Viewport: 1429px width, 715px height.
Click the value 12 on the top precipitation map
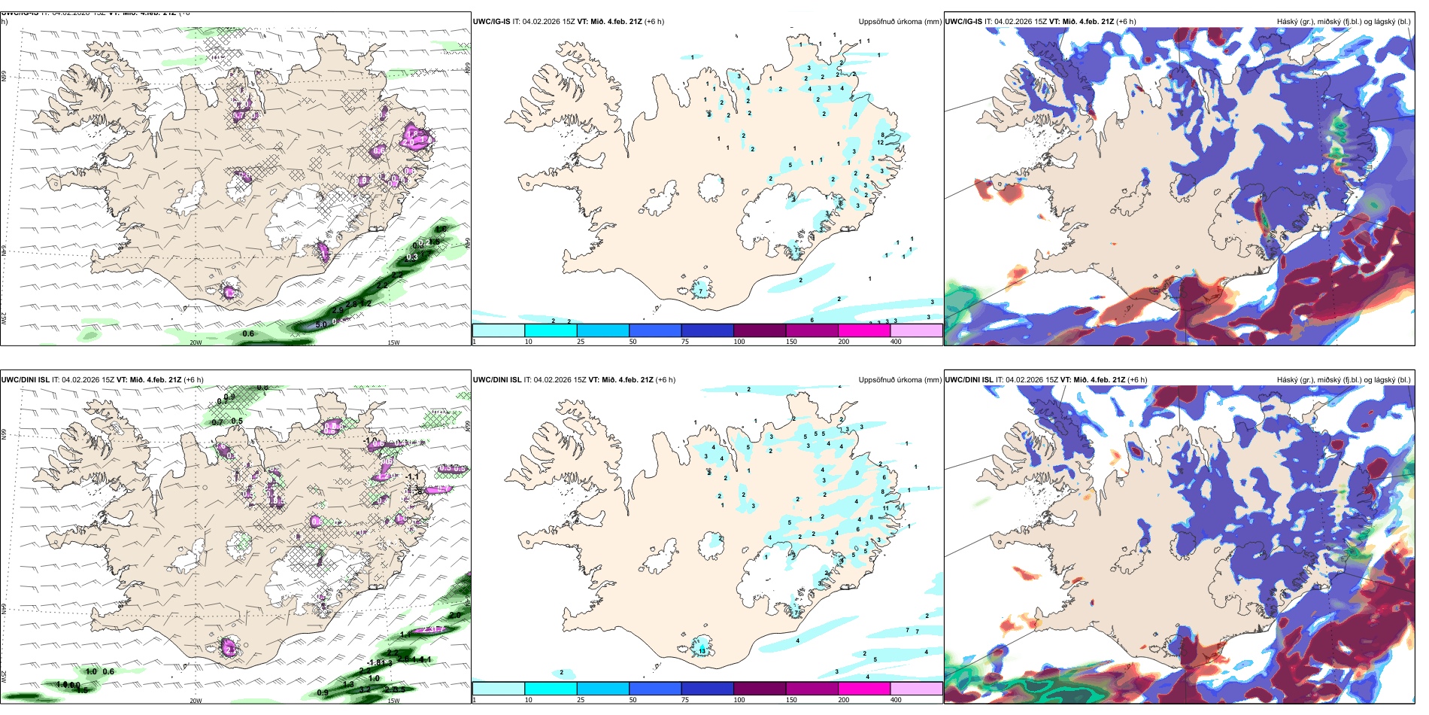[880, 142]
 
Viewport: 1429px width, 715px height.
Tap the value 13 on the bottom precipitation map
[702, 650]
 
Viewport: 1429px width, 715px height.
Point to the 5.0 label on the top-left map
[321, 325]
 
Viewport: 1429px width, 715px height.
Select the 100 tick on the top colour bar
[739, 342]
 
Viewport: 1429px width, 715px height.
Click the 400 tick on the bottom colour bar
[896, 700]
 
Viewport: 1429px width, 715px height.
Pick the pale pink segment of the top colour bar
[916, 330]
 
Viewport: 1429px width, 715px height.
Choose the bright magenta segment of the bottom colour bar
[864, 689]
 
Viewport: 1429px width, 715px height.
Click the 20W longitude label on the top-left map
[196, 342]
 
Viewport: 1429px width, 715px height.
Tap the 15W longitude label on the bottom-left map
[393, 701]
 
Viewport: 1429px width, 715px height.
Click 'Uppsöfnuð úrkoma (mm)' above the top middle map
[900, 22]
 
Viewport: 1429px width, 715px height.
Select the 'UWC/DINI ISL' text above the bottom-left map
[25, 380]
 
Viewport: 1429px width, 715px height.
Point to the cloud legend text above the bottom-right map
[1343, 380]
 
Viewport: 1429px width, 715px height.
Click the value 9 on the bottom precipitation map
[857, 473]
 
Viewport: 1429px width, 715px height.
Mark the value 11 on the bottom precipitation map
[886, 509]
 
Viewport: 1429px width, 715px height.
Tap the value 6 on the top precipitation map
[812, 320]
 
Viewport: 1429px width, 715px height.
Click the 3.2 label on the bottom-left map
[365, 689]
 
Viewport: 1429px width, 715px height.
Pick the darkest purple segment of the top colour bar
[760, 330]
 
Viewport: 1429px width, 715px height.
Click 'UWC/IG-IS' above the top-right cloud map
[963, 22]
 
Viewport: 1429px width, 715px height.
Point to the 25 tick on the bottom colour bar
[581, 700]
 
